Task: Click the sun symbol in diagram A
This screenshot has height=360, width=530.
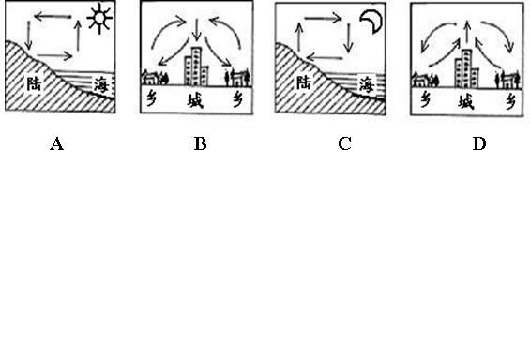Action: tap(99, 19)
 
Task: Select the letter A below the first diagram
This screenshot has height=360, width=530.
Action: tap(57, 144)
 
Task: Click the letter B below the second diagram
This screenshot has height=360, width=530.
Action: tap(201, 144)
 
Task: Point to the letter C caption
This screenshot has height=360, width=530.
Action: tap(344, 144)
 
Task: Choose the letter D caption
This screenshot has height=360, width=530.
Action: tap(479, 144)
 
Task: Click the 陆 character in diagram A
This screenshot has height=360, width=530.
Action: tap(34, 83)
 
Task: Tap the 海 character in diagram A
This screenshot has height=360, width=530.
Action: tap(101, 84)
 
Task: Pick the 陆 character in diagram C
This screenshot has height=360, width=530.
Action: tap(304, 82)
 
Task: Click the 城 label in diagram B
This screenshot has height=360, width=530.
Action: tap(195, 100)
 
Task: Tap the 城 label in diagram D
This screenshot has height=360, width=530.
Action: tap(466, 102)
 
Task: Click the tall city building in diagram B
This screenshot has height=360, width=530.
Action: tap(196, 67)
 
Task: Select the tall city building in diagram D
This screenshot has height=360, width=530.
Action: tap(466, 68)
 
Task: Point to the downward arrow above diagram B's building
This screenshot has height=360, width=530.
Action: tap(197, 30)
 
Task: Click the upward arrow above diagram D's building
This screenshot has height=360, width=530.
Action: tap(467, 32)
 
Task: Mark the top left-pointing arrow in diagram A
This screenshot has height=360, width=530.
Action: tap(53, 16)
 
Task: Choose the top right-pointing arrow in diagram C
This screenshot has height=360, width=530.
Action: tap(323, 18)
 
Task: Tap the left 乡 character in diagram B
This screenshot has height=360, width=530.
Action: tap(152, 99)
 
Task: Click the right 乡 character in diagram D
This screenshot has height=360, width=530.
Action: tap(510, 101)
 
